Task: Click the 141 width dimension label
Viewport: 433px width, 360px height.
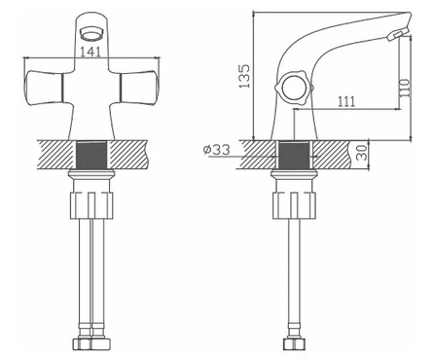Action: click(x=90, y=53)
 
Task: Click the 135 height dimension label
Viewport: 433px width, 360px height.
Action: click(x=244, y=76)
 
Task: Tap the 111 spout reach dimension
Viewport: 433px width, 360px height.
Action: click(x=346, y=101)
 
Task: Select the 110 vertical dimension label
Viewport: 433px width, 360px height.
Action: click(x=405, y=88)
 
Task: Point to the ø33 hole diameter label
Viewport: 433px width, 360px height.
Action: click(x=217, y=150)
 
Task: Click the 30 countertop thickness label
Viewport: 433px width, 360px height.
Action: click(x=362, y=153)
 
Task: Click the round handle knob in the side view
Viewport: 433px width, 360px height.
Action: click(x=294, y=89)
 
